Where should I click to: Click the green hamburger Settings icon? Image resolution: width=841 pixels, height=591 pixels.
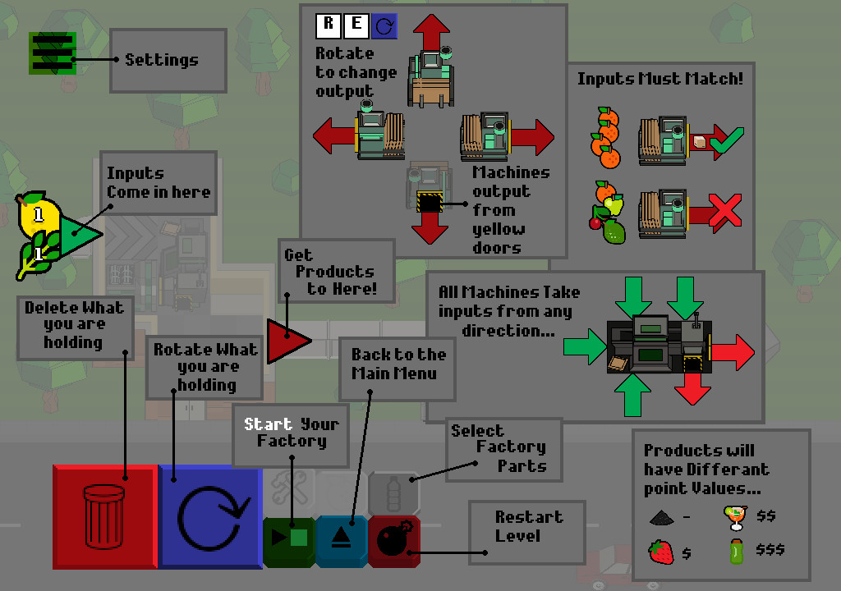[53, 53]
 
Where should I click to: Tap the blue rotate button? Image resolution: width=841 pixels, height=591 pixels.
[209, 516]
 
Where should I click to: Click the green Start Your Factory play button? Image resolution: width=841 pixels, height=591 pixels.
[289, 540]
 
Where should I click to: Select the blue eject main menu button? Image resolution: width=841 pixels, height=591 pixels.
[341, 541]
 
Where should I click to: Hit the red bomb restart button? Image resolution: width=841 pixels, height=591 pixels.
[394, 541]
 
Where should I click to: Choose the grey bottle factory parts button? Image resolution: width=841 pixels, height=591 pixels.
[393, 493]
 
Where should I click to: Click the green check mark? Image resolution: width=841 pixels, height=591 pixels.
[726, 143]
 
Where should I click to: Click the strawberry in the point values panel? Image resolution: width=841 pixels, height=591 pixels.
[660, 551]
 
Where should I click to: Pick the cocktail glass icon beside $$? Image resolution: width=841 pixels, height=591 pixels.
[734, 517]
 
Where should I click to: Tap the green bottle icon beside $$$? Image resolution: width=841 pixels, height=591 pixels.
[736, 551]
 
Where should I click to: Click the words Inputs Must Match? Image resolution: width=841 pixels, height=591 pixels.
[659, 80]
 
